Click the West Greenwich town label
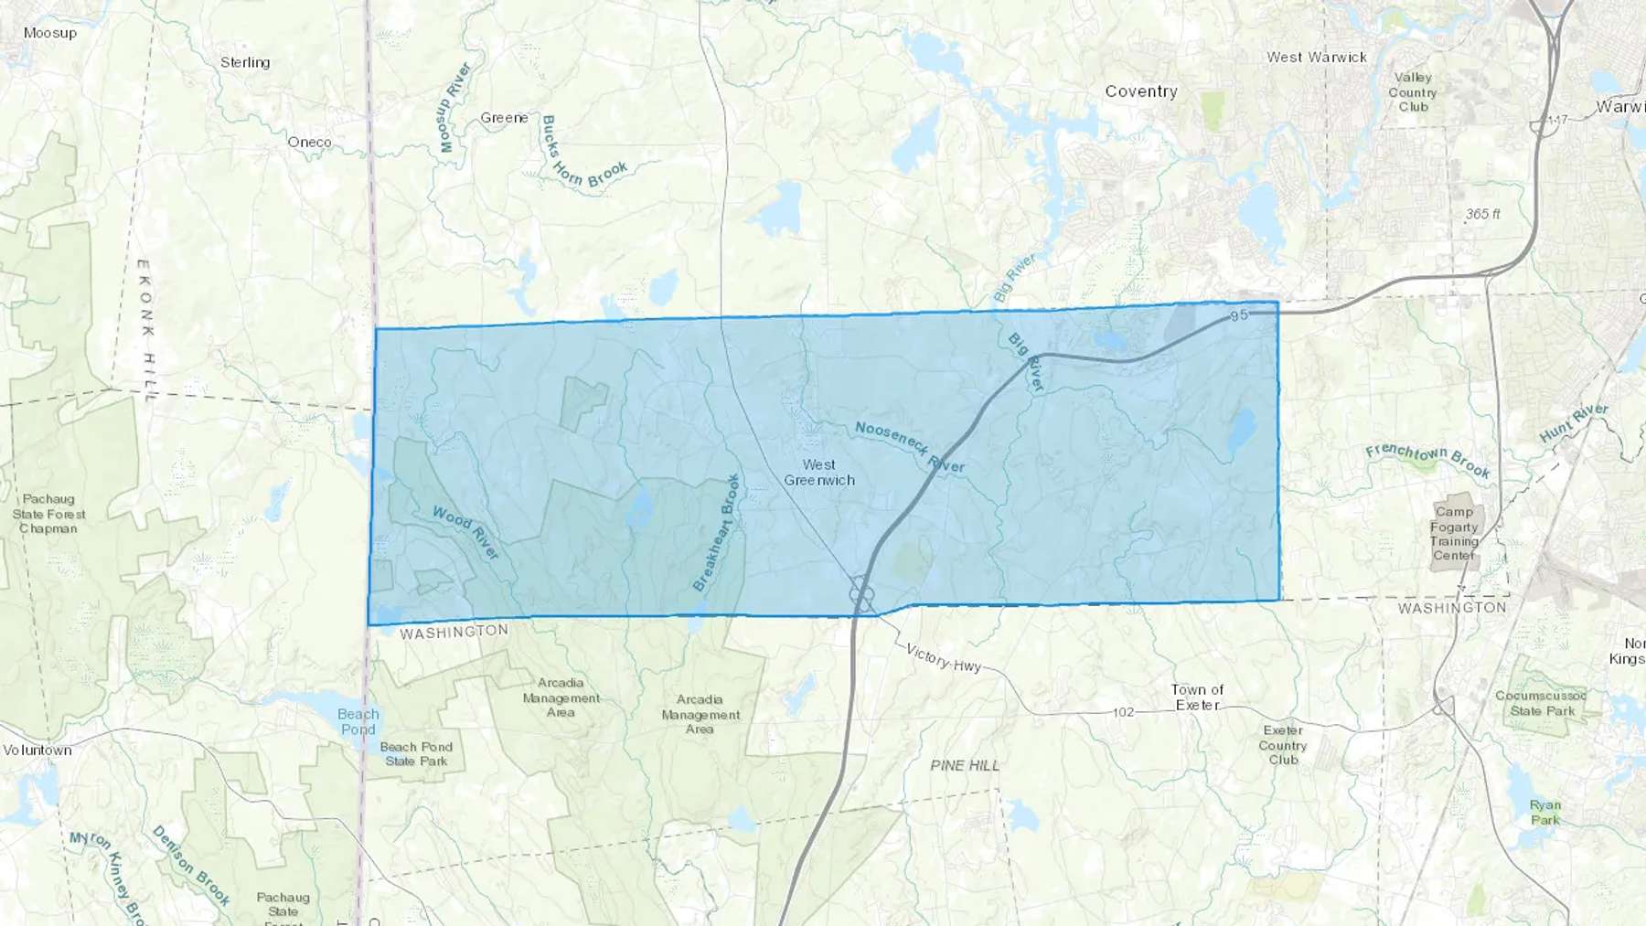pyautogui.click(x=819, y=473)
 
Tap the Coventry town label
pyautogui.click(x=1140, y=91)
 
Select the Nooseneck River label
pyautogui.click(x=910, y=447)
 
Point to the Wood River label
pyautogui.click(x=466, y=532)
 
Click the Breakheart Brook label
pyautogui.click(x=716, y=532)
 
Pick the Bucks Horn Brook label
pyautogui.click(x=583, y=154)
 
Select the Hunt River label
pyautogui.click(x=1574, y=422)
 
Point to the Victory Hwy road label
pyautogui.click(x=943, y=657)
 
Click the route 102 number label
pyautogui.click(x=1123, y=712)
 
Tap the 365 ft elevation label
pyautogui.click(x=1482, y=214)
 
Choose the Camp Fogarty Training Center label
pyautogui.click(x=1454, y=534)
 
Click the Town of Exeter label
pyautogui.click(x=1197, y=697)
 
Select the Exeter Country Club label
pyautogui.click(x=1283, y=745)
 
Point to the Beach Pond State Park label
pyautogui.click(x=416, y=753)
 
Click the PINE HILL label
pyautogui.click(x=965, y=765)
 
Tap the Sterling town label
pyautogui.click(x=245, y=62)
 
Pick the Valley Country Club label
pyautogui.click(x=1413, y=92)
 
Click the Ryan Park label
pyautogui.click(x=1545, y=812)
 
